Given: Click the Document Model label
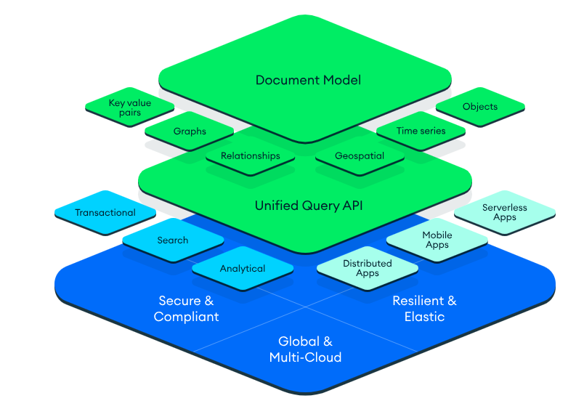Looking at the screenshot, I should pyautogui.click(x=308, y=80).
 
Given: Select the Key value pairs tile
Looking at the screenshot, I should pyautogui.click(x=129, y=108).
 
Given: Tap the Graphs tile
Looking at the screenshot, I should pyautogui.click(x=190, y=131).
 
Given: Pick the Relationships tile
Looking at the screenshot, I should pyautogui.click(x=250, y=155).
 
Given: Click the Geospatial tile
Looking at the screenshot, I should pyautogui.click(x=359, y=155).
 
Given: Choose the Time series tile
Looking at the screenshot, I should pyautogui.click(x=421, y=131).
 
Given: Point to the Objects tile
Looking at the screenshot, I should pyautogui.click(x=480, y=107).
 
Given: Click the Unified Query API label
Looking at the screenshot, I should pyautogui.click(x=308, y=206).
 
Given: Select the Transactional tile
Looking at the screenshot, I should pyautogui.click(x=105, y=213).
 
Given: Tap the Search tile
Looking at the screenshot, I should pyautogui.click(x=172, y=240).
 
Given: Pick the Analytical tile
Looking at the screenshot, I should pyautogui.click(x=243, y=269).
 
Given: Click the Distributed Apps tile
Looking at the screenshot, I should pyautogui.click(x=367, y=268).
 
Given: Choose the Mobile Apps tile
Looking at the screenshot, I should pyautogui.click(x=437, y=240).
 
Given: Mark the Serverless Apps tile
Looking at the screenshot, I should pyautogui.click(x=504, y=212).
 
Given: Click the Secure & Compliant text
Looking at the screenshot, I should pyautogui.click(x=186, y=308).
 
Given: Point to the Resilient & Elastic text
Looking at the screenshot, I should pyautogui.click(x=424, y=308).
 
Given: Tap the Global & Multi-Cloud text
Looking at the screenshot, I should pyautogui.click(x=305, y=349).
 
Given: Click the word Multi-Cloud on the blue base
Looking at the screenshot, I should pyautogui.click(x=305, y=357).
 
